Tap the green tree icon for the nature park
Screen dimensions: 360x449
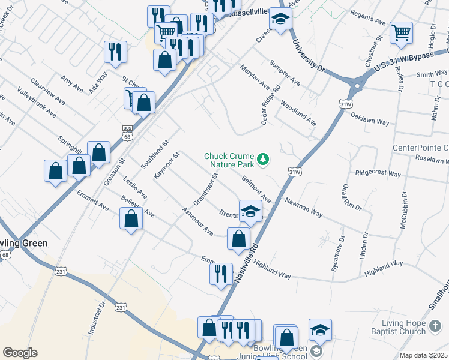262,159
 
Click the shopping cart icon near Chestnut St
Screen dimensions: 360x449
401,33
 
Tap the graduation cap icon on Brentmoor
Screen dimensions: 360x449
251,211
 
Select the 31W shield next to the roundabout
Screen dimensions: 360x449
345,103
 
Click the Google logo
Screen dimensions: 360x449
20,353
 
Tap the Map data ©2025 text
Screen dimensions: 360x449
423,355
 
